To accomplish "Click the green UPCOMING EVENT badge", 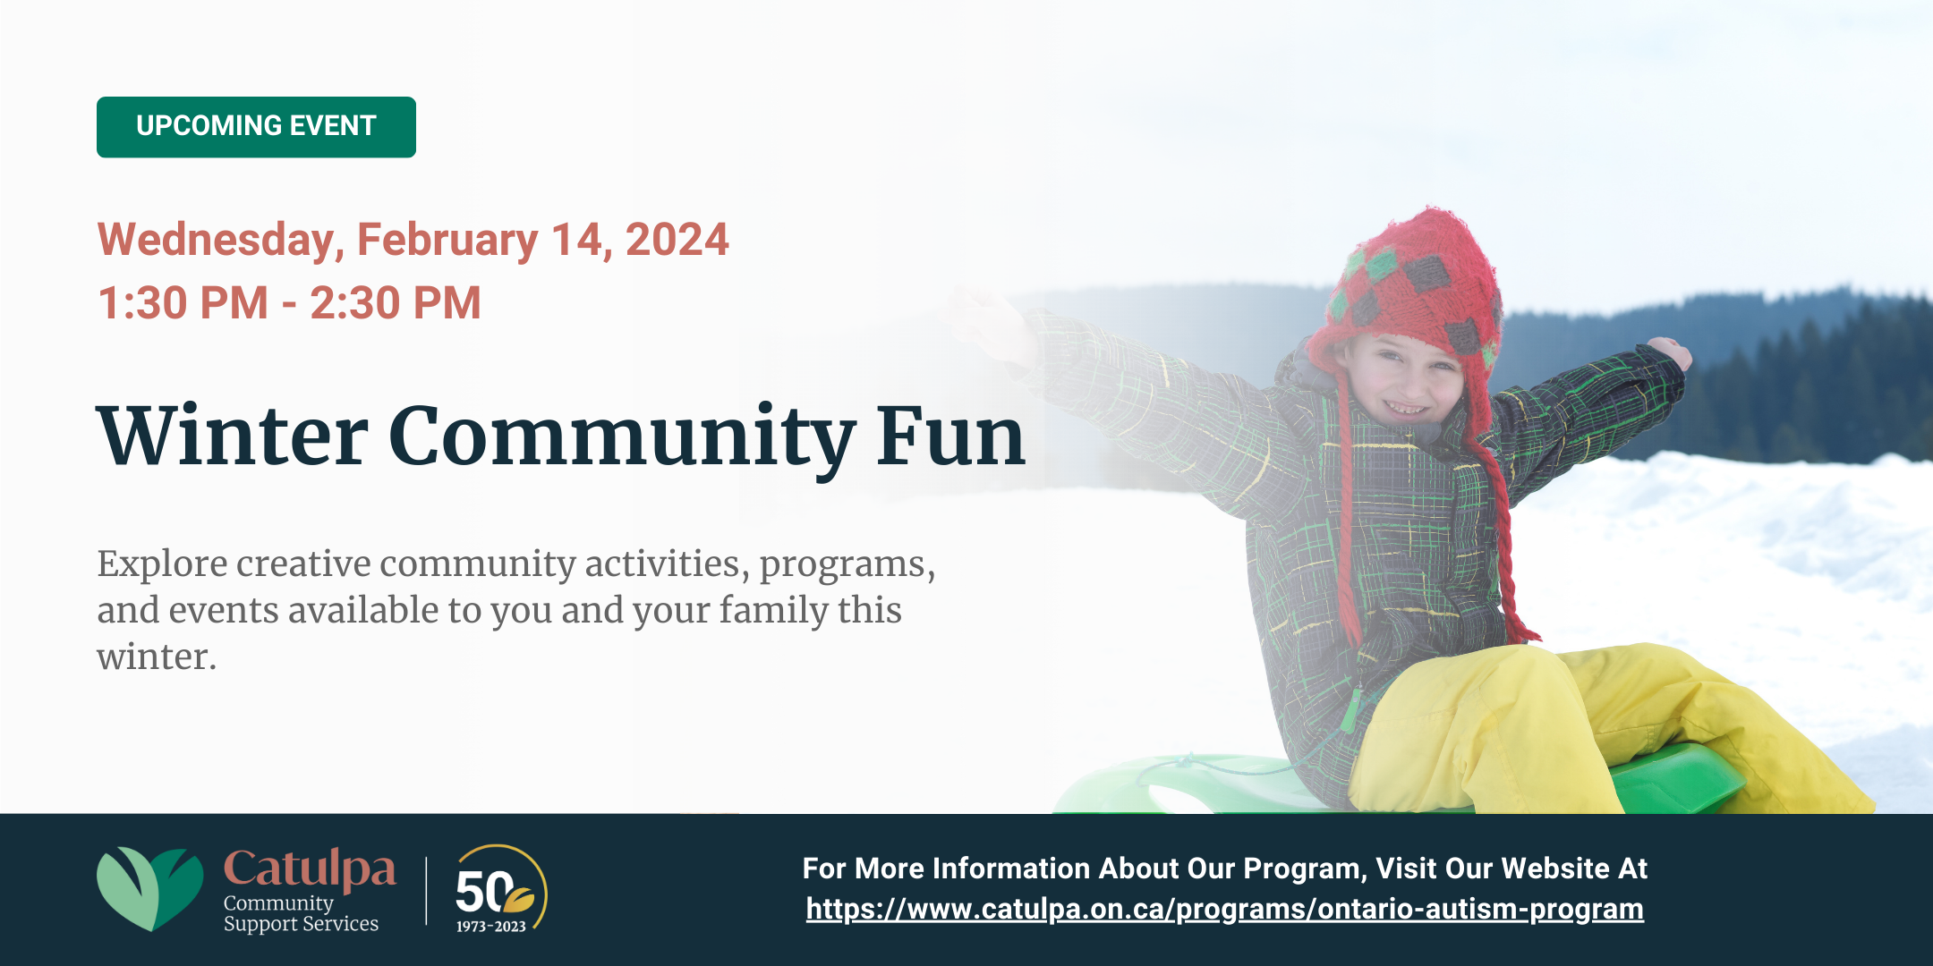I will [256, 127].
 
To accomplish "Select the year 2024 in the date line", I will [677, 240].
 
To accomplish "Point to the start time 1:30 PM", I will [183, 302].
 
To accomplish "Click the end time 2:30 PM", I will [396, 302].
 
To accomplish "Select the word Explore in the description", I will [162, 564].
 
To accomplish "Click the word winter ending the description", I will [156, 657].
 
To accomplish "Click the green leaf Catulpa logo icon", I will [149, 887].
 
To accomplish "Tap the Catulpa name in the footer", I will [310, 868].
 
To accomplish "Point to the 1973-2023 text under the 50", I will [491, 927].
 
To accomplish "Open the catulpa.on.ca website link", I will [1224, 909].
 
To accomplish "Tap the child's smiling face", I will [1405, 380].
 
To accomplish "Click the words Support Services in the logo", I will [301, 924].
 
